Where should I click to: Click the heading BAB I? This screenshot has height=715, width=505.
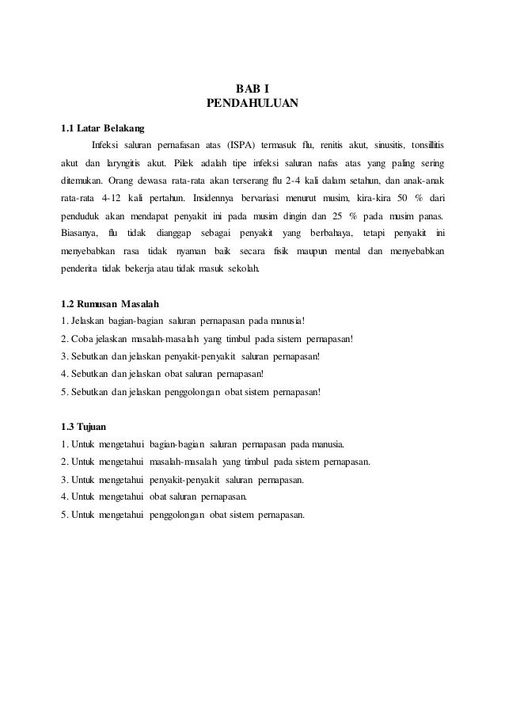coord(252,87)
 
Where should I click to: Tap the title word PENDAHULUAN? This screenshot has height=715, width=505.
coord(252,103)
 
